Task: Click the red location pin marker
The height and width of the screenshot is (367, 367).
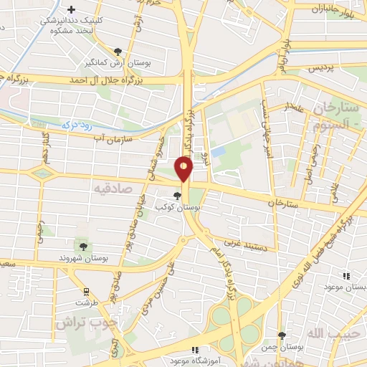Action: (x=183, y=169)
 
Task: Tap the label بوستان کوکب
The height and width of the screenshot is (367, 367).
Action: (x=178, y=206)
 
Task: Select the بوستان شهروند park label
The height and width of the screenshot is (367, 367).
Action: (x=84, y=257)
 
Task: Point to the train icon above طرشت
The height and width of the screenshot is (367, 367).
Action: (x=87, y=292)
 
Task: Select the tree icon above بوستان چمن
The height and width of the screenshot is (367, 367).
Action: (x=282, y=335)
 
